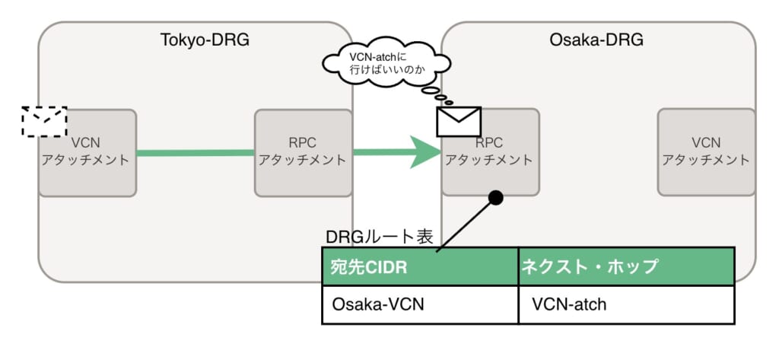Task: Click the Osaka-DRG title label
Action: point(596,39)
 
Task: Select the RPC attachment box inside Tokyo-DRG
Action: point(303,152)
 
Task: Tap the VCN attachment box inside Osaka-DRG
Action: point(706,152)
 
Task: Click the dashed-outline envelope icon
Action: point(44,121)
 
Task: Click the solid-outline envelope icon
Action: point(459,121)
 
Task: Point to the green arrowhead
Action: point(424,151)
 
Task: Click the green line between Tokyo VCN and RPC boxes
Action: point(195,153)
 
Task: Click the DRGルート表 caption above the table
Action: point(379,237)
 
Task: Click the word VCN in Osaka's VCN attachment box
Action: point(706,142)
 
